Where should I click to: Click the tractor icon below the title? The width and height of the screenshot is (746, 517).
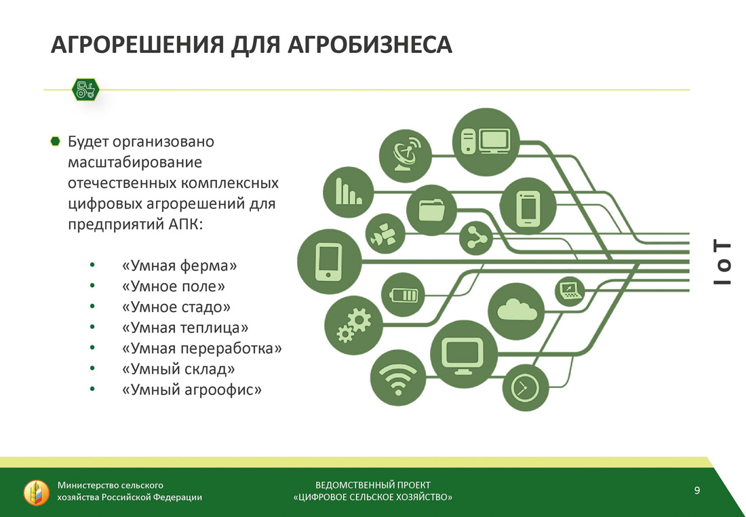coord(85,90)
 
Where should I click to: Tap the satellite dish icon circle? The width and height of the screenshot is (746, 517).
coord(406,155)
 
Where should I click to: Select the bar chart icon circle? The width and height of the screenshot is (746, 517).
coord(349,192)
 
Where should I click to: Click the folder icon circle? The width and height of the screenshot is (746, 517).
coord(431,210)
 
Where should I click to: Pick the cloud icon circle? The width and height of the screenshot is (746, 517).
coord(516,311)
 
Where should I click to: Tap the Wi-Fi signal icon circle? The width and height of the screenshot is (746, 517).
coord(397,377)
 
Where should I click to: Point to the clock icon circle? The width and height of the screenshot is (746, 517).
coord(525,388)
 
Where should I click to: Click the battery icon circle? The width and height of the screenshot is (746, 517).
coord(403,294)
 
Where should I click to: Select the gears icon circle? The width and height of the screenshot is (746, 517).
coord(353,326)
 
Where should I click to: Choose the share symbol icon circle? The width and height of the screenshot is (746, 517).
coord(476,237)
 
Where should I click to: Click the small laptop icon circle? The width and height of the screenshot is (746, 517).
coord(570,291)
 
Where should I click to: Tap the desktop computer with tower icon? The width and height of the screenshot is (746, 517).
coord(486,142)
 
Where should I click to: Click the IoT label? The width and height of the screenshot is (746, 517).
coord(722,263)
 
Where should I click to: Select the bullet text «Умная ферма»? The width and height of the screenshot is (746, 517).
coord(179,266)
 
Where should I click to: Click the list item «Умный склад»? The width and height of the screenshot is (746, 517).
coord(178,369)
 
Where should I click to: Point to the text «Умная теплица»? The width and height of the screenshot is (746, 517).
coord(185,328)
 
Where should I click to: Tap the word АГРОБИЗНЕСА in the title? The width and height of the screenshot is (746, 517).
coord(370,45)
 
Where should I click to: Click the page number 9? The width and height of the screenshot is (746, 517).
coord(697,491)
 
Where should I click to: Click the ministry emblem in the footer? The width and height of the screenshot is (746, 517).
coord(36,493)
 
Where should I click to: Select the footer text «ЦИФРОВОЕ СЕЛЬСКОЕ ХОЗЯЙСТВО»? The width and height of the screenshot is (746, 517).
coord(373,497)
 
